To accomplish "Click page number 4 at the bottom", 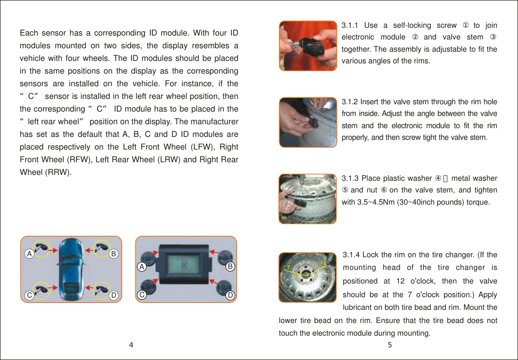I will pyautogui.click(x=131, y=345).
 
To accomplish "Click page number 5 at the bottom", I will pyautogui.click(x=389, y=345).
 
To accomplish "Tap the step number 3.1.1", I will pyautogui.click(x=350, y=25).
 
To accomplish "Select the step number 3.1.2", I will pyautogui.click(x=350, y=102).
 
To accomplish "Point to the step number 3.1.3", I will pyautogui.click(x=350, y=178).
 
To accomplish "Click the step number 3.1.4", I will pyautogui.click(x=351, y=255).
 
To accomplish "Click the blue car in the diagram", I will pyautogui.click(x=71, y=269).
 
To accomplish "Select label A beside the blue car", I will pyautogui.click(x=29, y=254).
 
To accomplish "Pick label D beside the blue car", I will pyautogui.click(x=113, y=295).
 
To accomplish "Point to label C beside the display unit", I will pyautogui.click(x=141, y=295).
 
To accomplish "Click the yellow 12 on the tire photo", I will pyautogui.click(x=323, y=263).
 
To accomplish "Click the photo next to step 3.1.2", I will pyautogui.click(x=308, y=122).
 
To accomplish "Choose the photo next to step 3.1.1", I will pyautogui.click(x=308, y=45).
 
